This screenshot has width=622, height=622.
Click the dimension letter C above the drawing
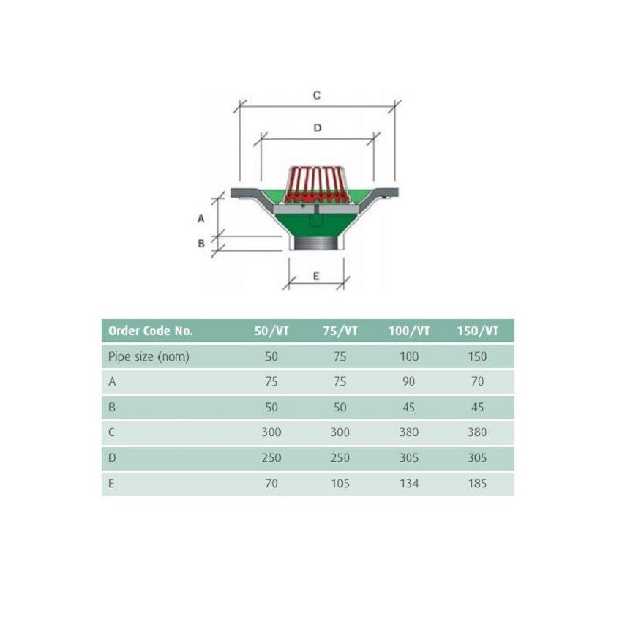317,96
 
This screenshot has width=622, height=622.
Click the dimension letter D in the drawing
317,127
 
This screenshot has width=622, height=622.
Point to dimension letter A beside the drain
201,218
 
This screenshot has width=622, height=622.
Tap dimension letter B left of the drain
201,244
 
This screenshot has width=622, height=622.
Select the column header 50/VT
271,331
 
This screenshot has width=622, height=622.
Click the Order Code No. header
151,331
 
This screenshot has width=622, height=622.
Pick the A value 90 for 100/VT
409,381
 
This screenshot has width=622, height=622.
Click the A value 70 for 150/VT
477,381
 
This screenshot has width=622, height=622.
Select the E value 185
477,483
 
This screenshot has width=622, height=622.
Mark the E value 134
409,483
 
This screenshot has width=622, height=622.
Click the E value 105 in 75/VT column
340,483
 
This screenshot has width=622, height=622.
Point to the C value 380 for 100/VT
409,432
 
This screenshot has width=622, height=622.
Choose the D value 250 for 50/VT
271,457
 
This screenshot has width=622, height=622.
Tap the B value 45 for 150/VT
477,407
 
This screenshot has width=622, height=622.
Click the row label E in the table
111,483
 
